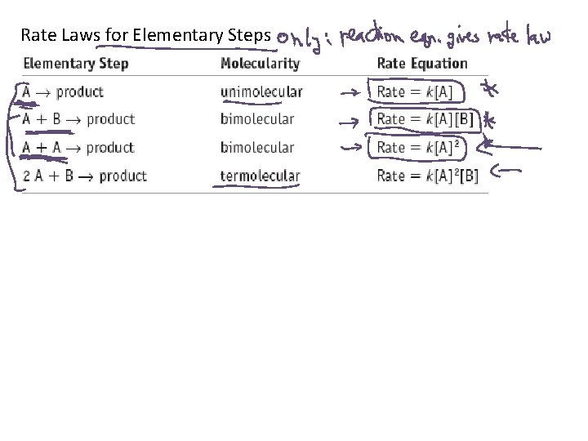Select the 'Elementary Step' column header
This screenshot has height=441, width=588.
pyautogui.click(x=76, y=64)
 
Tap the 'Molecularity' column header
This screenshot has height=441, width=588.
pyautogui.click(x=260, y=64)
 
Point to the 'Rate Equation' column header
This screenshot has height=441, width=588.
pyautogui.click(x=422, y=64)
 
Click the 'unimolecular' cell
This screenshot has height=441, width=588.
pyautogui.click(x=261, y=91)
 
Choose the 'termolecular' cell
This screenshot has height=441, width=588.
pyautogui.click(x=260, y=176)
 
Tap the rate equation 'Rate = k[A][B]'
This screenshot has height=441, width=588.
pyautogui.click(x=423, y=119)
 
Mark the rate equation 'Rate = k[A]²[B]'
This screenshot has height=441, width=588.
pyautogui.click(x=428, y=176)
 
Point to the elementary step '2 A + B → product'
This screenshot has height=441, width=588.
pyautogui.click(x=85, y=176)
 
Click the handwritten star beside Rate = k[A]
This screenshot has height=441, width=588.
pyautogui.click(x=491, y=89)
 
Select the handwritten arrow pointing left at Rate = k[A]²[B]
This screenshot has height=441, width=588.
pyautogui.click(x=509, y=171)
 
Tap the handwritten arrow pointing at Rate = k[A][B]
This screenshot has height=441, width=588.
pyautogui.click(x=350, y=122)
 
